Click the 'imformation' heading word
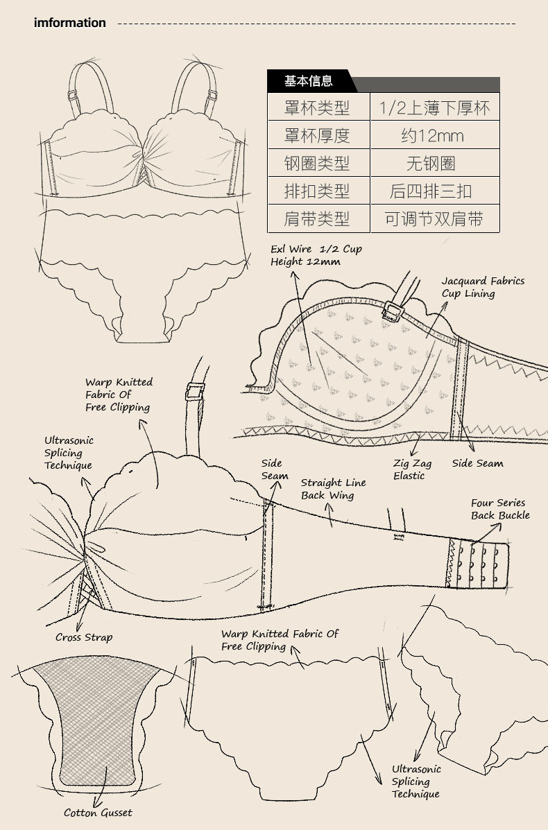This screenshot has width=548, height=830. click(70, 23)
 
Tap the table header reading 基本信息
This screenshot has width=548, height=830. click(308, 81)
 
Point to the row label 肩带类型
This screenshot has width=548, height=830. click(317, 218)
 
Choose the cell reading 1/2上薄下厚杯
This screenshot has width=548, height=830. click(434, 107)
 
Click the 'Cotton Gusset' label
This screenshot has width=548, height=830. click(98, 813)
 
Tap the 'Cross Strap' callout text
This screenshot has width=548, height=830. click(84, 637)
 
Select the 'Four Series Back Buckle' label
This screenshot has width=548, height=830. click(500, 509)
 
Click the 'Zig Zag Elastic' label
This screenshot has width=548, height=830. click(412, 469)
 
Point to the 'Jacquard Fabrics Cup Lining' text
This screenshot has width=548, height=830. click(483, 287)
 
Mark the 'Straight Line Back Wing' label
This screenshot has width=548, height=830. click(333, 489)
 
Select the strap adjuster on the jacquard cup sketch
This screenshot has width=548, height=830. click(392, 310)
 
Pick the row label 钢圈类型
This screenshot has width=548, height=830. click(317, 163)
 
